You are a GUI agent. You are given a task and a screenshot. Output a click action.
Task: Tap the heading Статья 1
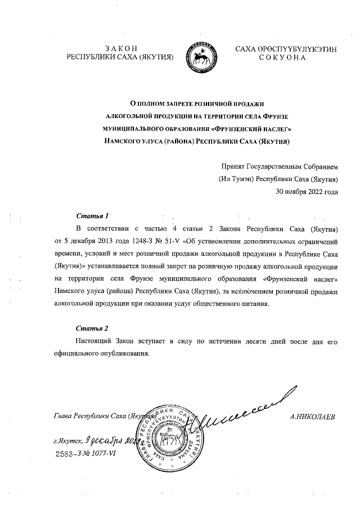(x=92, y=216)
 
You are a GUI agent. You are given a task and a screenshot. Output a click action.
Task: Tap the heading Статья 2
(x=92, y=327)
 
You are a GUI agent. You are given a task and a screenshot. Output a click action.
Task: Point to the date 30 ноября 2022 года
(x=307, y=192)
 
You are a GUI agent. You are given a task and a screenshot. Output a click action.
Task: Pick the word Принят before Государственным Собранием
(x=235, y=166)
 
